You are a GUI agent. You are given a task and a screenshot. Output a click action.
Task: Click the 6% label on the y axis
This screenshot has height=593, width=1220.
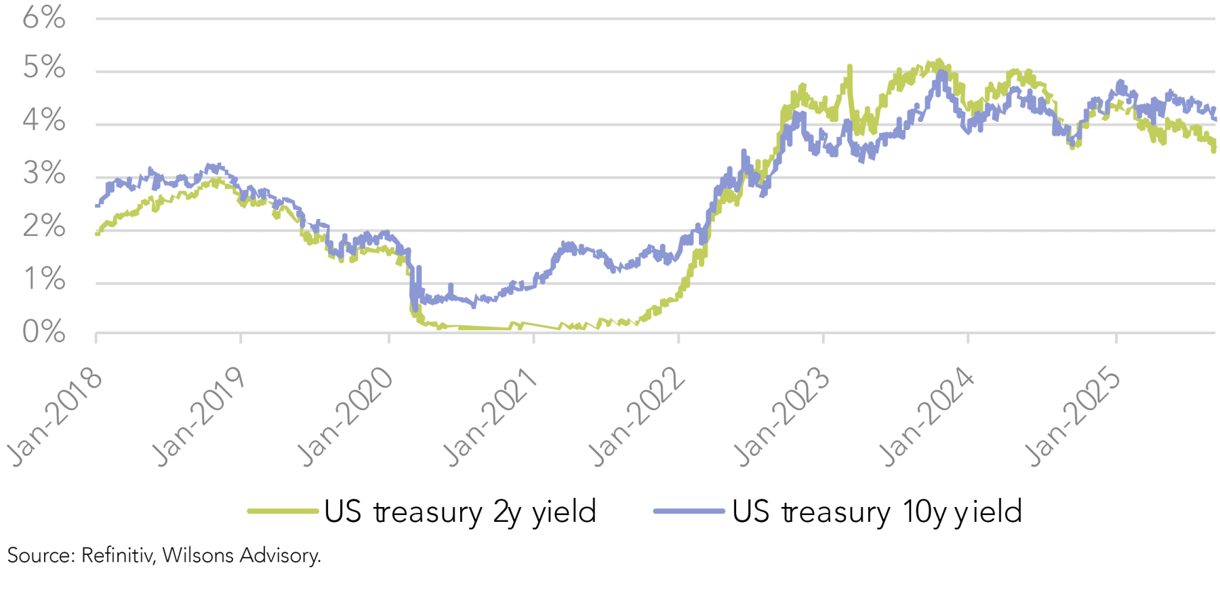(x=44, y=18)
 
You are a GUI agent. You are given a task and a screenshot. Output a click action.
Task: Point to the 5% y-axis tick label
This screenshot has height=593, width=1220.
(x=44, y=68)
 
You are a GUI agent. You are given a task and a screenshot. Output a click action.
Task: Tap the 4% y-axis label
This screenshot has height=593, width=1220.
(x=44, y=121)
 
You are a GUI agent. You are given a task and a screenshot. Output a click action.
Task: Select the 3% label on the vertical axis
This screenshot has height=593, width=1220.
(x=44, y=173)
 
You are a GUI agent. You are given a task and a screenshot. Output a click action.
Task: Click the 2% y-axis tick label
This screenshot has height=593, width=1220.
(x=44, y=226)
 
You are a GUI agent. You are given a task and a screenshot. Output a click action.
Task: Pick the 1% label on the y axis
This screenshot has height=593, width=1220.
(x=44, y=279)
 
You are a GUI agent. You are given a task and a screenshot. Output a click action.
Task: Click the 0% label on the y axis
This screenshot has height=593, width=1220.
(x=44, y=332)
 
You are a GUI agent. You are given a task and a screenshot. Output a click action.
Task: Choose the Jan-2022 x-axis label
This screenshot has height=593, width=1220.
(x=638, y=417)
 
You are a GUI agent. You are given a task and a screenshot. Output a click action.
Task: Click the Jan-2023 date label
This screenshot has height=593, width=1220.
(x=783, y=417)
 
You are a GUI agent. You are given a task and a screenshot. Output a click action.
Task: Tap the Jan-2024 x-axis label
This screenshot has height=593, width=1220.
(x=928, y=417)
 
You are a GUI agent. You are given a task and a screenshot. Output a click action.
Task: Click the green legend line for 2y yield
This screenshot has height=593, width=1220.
(x=283, y=511)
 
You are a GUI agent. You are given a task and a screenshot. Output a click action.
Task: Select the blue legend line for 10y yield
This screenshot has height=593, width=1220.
(x=689, y=511)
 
